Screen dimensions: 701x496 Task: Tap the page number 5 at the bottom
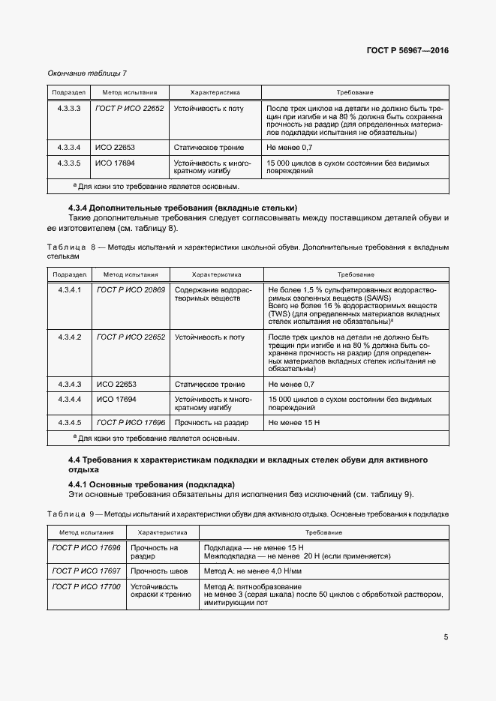pos(446,637)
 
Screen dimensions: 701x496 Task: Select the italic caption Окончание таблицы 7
pos(87,73)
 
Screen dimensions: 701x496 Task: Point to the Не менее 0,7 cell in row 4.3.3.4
pos(290,148)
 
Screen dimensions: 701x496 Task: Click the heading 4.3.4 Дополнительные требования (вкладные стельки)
pos(182,208)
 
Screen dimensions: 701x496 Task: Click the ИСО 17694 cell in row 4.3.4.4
pos(115,399)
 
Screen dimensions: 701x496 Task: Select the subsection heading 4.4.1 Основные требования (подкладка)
pos(152,484)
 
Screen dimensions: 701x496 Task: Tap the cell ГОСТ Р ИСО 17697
pos(86,571)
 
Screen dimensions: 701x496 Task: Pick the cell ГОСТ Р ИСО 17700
pos(86,586)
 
